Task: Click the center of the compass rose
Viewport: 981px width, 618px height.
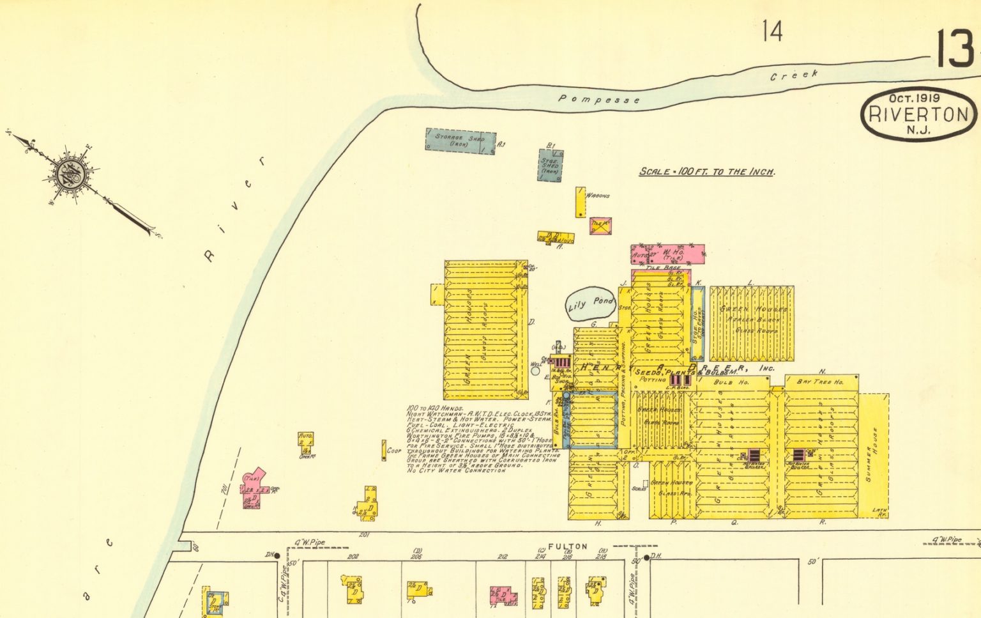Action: tap(68, 173)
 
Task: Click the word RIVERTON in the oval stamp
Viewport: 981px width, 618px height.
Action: tap(918, 115)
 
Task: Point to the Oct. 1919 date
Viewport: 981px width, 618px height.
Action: tap(914, 98)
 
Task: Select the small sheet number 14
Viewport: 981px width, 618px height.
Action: tap(772, 31)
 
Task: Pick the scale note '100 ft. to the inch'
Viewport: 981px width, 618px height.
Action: tap(707, 172)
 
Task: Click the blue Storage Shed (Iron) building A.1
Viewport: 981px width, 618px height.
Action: tap(460, 141)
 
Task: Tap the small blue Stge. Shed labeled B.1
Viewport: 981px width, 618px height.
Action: tap(549, 166)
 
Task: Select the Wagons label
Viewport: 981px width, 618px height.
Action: tap(598, 196)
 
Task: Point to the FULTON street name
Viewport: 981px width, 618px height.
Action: tap(567, 546)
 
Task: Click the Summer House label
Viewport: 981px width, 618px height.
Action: tap(872, 454)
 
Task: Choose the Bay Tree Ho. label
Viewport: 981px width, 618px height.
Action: tap(820, 382)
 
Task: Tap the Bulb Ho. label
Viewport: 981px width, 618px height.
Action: tap(731, 382)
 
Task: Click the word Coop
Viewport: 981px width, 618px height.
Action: tap(394, 451)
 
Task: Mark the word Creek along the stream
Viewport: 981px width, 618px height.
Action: tap(793, 75)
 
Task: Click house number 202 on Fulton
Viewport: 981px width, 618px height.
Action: tap(353, 557)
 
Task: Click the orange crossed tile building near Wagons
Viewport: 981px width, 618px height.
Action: tap(600, 225)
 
